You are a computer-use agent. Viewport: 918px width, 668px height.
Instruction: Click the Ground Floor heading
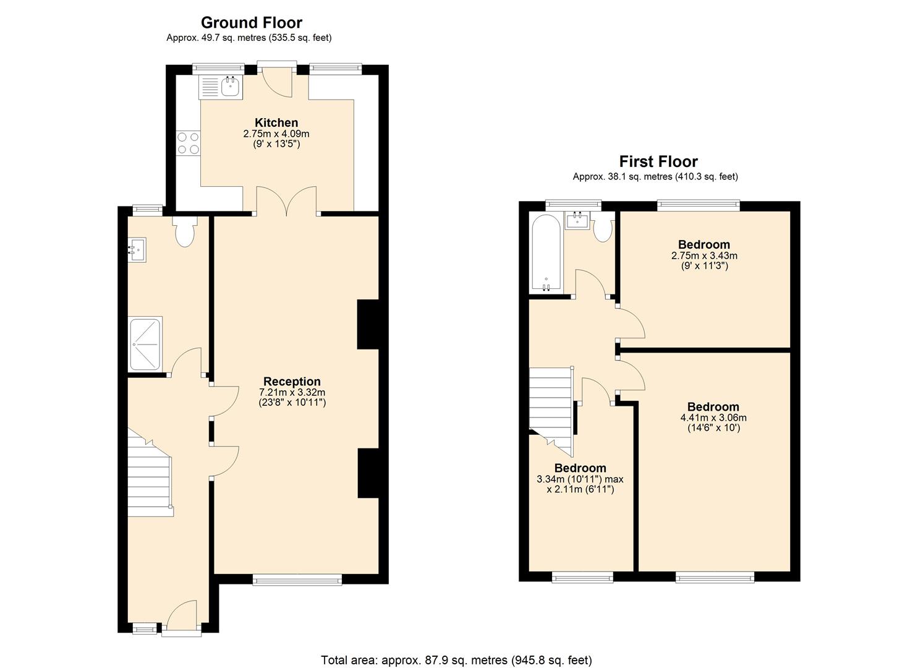point(251,22)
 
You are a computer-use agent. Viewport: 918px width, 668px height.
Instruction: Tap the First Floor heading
point(658,161)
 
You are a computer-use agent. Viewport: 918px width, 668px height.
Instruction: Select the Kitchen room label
point(276,122)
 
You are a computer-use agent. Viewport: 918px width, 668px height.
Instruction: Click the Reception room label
point(292,382)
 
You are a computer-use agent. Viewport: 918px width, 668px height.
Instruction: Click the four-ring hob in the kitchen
point(189,143)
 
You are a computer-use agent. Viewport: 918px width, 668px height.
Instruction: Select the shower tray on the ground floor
point(145,344)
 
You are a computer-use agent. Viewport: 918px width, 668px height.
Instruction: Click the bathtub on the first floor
point(546,252)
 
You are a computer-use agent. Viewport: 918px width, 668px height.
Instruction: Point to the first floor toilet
point(603,229)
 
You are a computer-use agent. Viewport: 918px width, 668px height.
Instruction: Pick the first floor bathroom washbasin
point(577,220)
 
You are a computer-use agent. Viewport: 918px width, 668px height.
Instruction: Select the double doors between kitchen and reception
point(286,200)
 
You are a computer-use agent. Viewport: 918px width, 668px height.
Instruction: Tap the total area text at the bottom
point(456,649)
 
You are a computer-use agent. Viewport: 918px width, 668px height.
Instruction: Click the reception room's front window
point(297,579)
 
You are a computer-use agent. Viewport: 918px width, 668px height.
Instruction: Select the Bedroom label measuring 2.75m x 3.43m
point(703,244)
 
